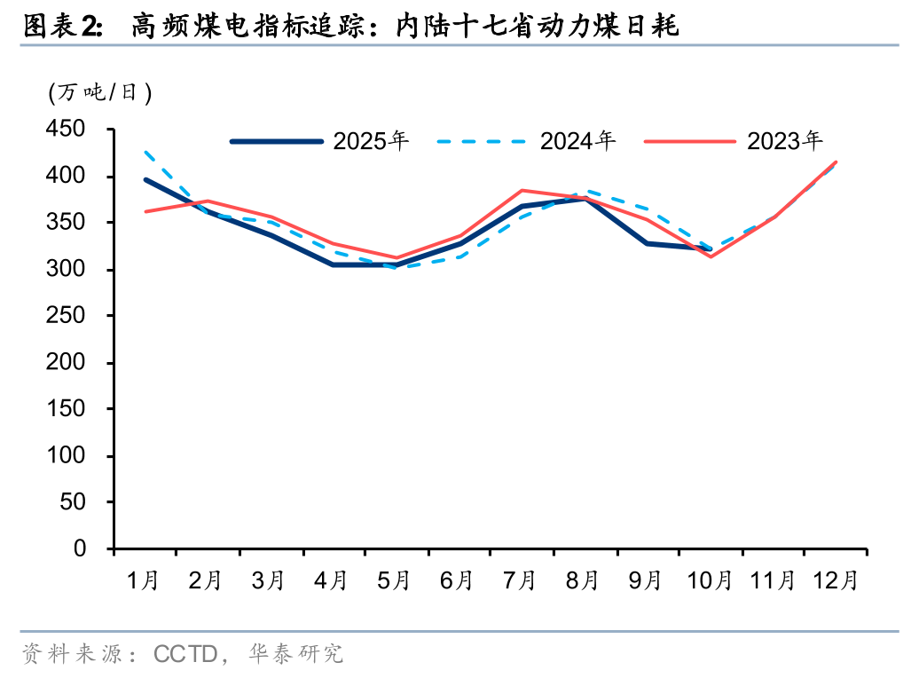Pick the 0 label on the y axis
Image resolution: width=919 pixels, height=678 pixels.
coord(80,549)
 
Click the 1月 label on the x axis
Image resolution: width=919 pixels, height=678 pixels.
coord(145,581)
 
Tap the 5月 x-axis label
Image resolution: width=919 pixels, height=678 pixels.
coord(395,581)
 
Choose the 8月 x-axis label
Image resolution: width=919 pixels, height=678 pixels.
coord(583,581)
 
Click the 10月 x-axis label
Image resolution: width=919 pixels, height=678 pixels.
coord(711,581)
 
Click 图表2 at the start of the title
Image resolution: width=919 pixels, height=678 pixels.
coord(60,28)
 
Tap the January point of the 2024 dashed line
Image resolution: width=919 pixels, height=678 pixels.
coord(145,153)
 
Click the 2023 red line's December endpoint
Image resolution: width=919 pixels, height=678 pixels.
coord(836,162)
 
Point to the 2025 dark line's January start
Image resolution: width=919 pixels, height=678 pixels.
coord(145,179)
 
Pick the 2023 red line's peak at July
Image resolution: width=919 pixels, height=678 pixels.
coord(522,190)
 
